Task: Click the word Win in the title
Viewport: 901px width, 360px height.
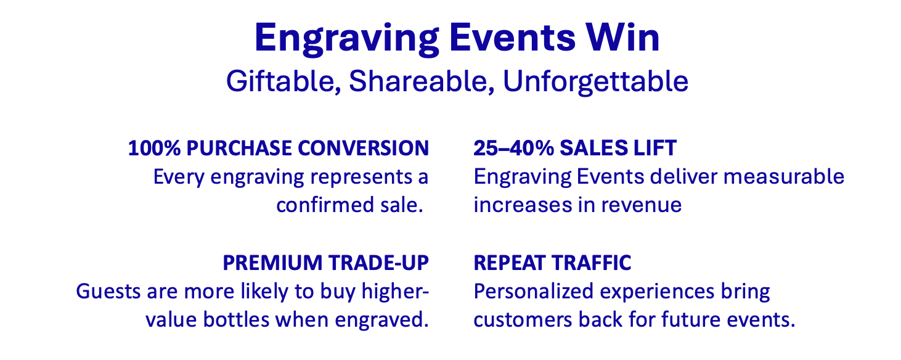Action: click(622, 38)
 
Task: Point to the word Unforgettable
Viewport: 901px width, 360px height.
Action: click(595, 81)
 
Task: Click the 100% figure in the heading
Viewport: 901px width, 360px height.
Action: click(154, 148)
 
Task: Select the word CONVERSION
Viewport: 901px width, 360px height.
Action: click(363, 148)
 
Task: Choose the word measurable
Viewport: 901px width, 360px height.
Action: click(783, 176)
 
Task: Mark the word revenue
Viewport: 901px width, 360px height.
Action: click(642, 206)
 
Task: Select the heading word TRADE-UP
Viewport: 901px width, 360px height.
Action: click(378, 263)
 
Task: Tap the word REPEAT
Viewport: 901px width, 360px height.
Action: click(509, 263)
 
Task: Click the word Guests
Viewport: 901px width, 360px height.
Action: click(108, 291)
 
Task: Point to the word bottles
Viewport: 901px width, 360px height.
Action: click(236, 320)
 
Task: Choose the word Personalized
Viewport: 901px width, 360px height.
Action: click(533, 292)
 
